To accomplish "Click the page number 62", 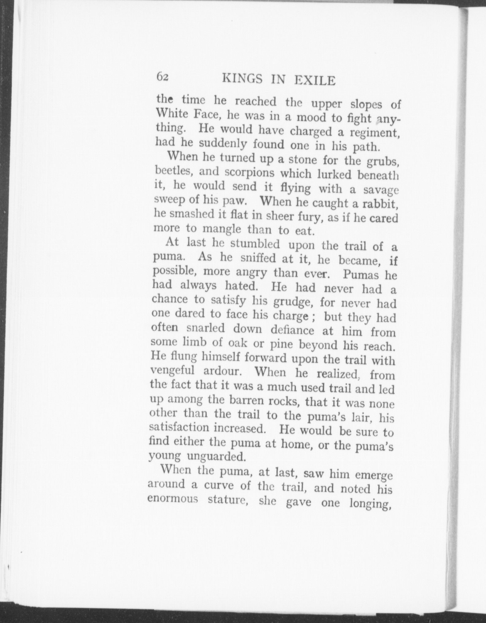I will [162, 77].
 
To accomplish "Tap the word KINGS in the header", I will [242, 79].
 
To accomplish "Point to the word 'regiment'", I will [371, 134].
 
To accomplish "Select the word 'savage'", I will [381, 190].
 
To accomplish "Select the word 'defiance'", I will [292, 330].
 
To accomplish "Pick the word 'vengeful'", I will [173, 371].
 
